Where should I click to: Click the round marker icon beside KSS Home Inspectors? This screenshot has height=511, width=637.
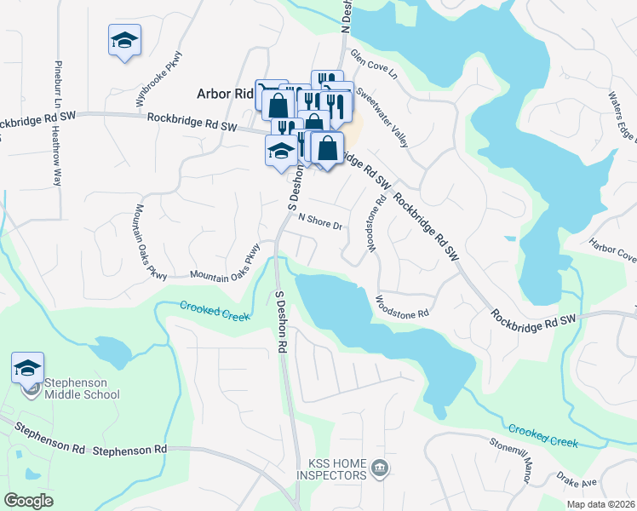point(379,466)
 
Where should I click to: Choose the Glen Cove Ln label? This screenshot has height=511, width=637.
point(374,65)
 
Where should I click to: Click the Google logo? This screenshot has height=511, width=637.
point(28,500)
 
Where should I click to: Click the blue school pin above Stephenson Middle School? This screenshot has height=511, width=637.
point(27,368)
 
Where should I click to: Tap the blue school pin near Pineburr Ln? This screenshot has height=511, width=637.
point(124,40)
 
